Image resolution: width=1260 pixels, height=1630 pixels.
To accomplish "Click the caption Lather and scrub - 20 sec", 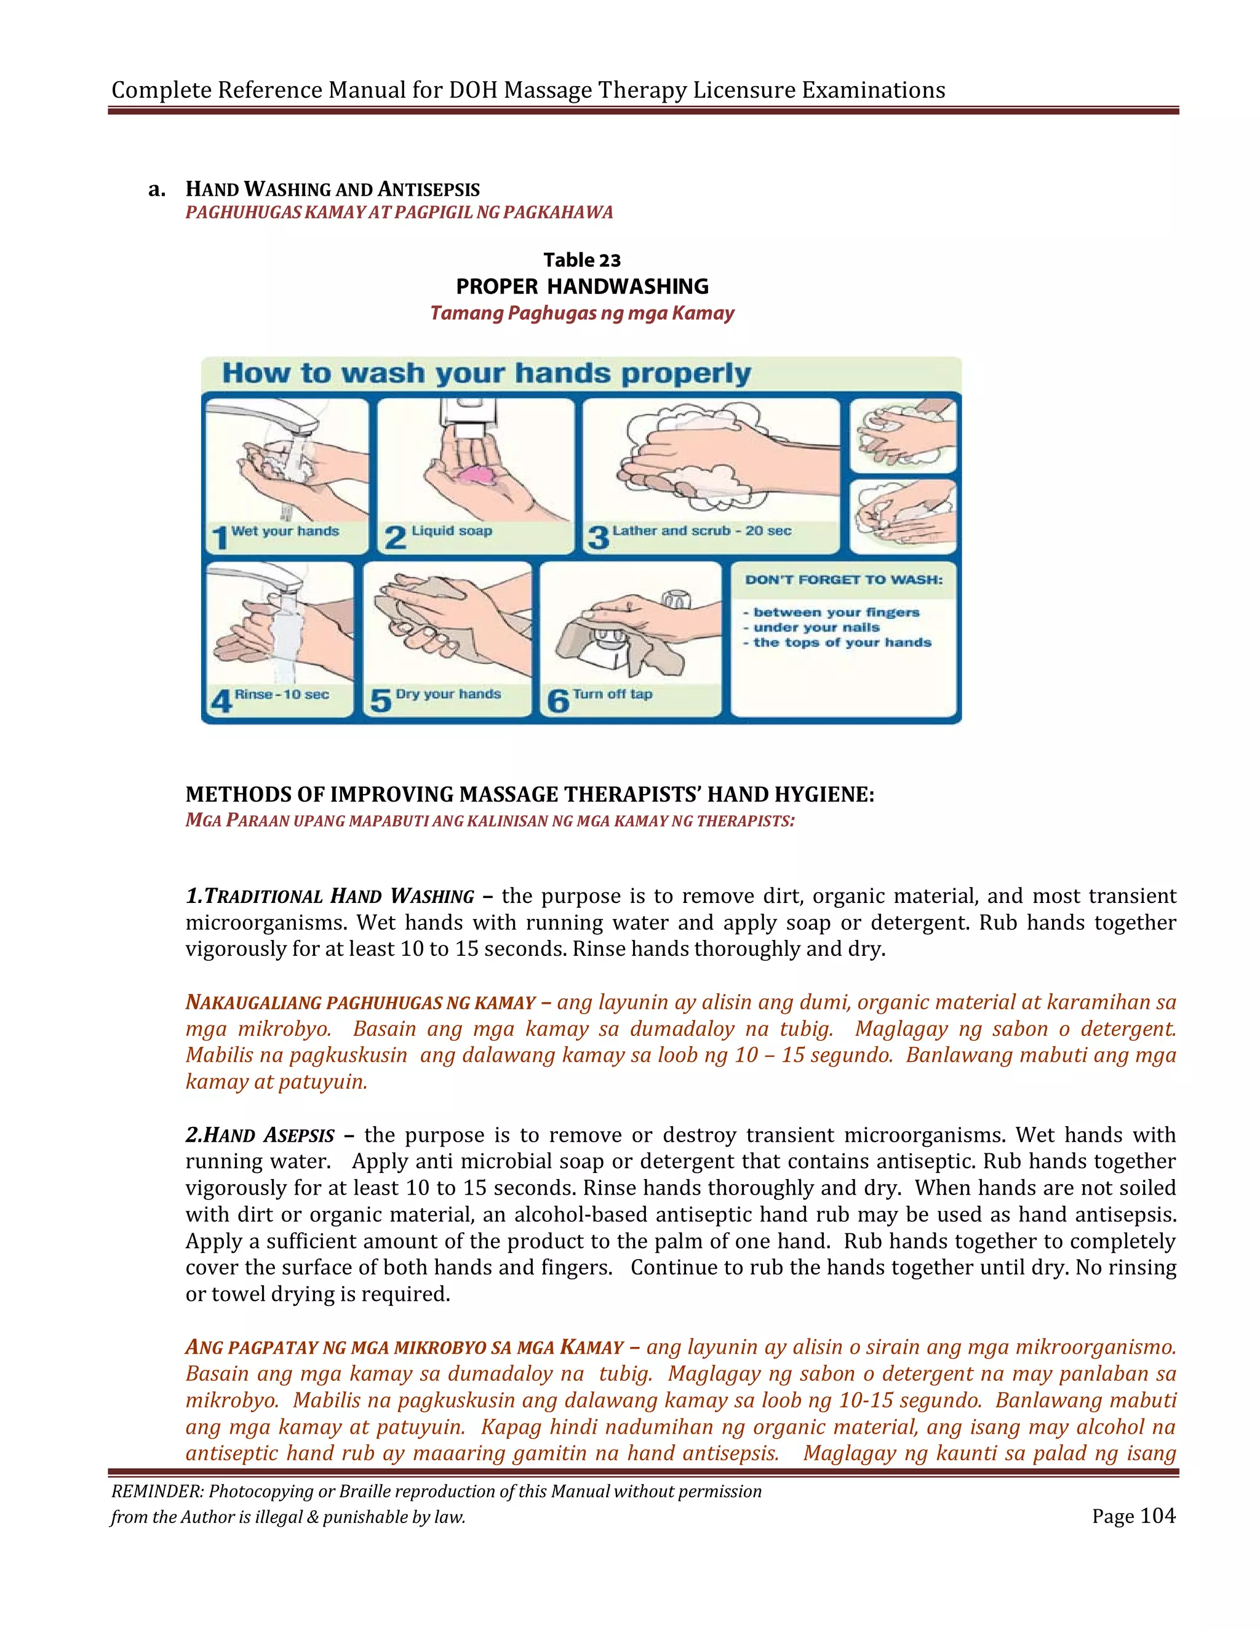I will tap(701, 531).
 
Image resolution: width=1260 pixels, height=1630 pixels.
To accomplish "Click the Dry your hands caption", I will tap(448, 694).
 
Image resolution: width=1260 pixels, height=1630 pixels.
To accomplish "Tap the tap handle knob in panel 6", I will tap(676, 598).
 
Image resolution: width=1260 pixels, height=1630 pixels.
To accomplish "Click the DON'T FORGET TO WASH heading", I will tap(843, 580).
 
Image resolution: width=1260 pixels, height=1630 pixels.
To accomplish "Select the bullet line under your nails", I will tap(816, 627).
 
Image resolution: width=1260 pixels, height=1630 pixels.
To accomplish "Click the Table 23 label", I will tap(581, 260).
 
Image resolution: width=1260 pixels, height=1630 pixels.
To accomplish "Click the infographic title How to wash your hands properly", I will tap(486, 373).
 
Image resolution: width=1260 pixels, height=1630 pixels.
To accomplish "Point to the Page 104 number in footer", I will tap(1133, 1516).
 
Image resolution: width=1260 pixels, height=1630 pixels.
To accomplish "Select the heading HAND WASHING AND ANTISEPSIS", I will tap(332, 189).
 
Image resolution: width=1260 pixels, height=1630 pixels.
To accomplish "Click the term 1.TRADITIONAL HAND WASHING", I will tap(330, 896).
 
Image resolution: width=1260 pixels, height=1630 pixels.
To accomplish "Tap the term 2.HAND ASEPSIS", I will tap(260, 1135).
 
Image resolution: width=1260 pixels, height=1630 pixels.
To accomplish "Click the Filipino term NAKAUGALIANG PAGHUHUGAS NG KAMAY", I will tap(361, 1003).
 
